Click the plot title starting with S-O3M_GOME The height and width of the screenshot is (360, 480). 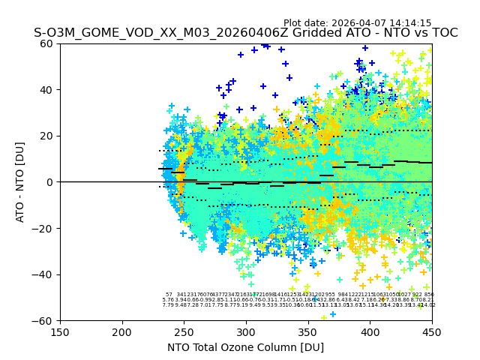245,33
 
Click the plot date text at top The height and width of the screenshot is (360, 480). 357,23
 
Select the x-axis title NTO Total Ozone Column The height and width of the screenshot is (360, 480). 245,347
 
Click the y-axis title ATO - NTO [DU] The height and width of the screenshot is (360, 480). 20,182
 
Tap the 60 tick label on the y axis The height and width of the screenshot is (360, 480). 47,43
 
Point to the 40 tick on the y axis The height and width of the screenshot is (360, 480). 47,90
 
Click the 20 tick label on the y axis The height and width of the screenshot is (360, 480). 47,136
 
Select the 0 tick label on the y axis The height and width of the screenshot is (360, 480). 50,182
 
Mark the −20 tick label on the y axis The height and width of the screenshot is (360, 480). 44,228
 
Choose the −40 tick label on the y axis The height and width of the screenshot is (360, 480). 44,274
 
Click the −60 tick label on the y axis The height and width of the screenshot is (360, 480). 44,320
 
